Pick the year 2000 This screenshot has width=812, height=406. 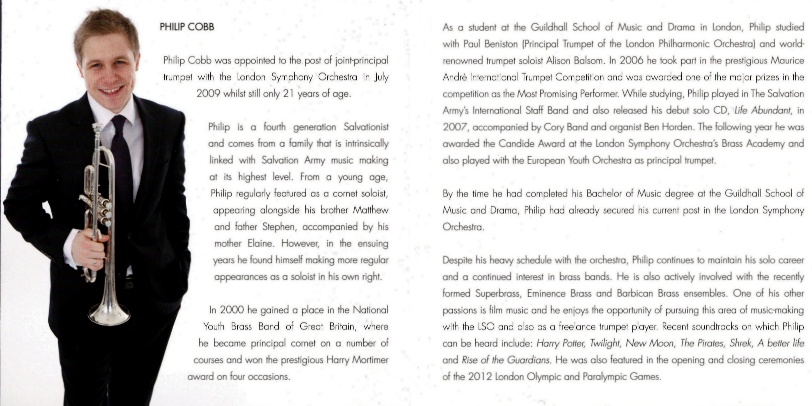pyautogui.click(x=232, y=310)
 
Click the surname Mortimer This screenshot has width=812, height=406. pyautogui.click(x=370, y=360)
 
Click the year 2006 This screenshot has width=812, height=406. pyautogui.click(x=631, y=60)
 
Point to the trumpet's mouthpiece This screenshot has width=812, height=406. pyautogui.click(x=97, y=127)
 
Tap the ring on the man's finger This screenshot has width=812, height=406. pyautogui.click(x=94, y=262)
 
